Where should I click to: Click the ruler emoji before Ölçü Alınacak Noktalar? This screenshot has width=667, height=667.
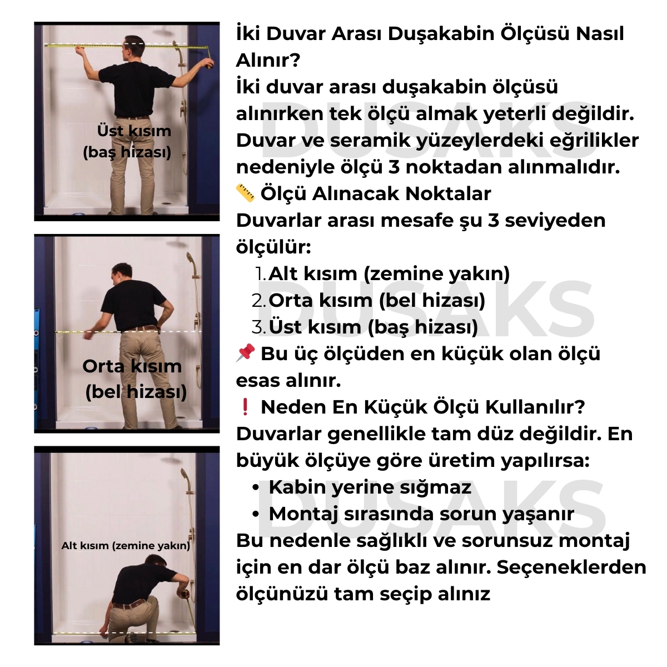pyautogui.click(x=245, y=193)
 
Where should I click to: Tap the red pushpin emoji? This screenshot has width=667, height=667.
pyautogui.click(x=245, y=354)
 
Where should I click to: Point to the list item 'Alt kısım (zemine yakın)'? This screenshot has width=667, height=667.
pyautogui.click(x=389, y=273)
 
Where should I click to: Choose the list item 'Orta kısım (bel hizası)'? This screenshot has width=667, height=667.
pyautogui.click(x=376, y=300)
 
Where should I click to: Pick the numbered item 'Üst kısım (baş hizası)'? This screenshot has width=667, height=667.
pyautogui.click(x=373, y=327)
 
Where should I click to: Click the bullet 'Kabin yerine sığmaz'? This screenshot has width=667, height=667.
pyautogui.click(x=370, y=487)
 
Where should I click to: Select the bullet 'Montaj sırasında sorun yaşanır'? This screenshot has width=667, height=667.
pyautogui.click(x=421, y=514)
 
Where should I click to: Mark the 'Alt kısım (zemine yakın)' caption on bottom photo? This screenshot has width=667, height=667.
pyautogui.click(x=126, y=545)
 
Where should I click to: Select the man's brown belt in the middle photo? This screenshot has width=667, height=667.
pyautogui.click(x=139, y=328)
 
